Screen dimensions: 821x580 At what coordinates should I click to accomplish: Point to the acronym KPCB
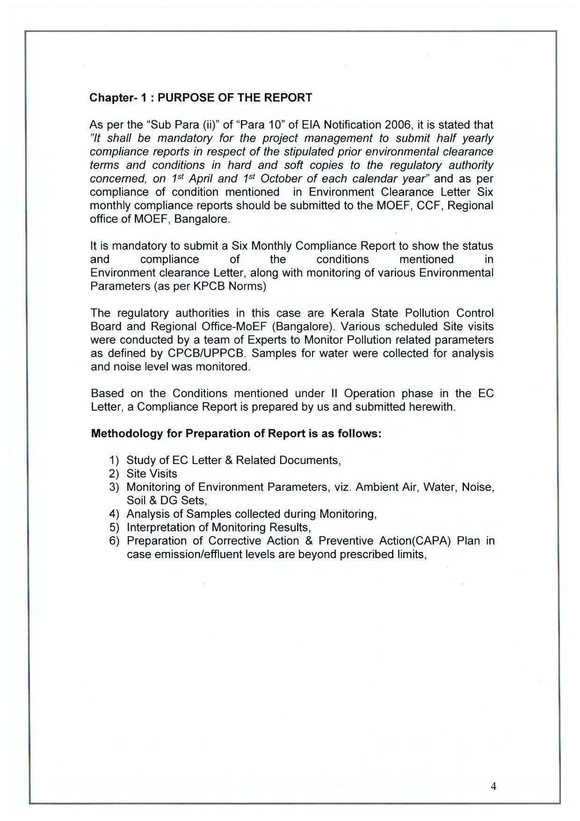tap(209, 286)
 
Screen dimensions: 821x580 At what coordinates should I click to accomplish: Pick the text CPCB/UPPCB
tap(206, 353)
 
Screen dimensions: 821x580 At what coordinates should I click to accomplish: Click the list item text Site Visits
tap(152, 474)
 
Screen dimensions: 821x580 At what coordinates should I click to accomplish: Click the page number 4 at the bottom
tap(493, 786)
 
